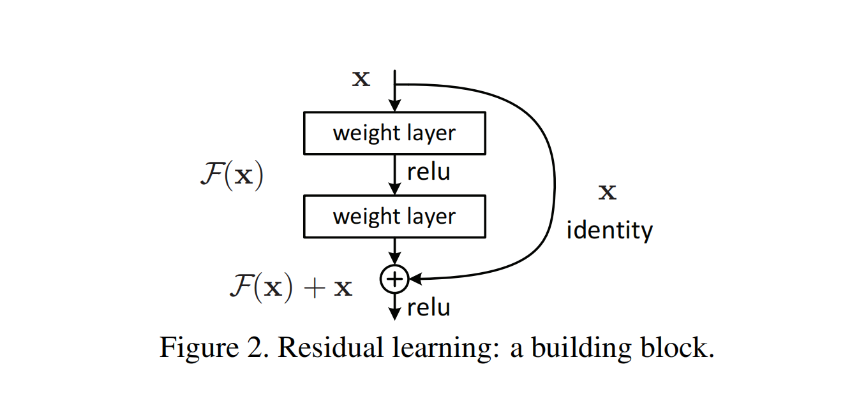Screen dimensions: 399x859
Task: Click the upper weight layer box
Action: click(394, 133)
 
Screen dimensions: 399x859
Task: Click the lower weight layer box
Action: click(394, 217)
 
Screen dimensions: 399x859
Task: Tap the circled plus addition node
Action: click(394, 279)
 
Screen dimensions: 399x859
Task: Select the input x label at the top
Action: click(361, 79)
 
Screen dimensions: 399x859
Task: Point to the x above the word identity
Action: click(607, 192)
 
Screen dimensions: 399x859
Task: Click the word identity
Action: click(609, 229)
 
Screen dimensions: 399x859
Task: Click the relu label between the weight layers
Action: click(428, 171)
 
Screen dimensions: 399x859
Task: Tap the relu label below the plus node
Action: click(428, 307)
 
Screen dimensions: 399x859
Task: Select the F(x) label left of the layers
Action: click(231, 175)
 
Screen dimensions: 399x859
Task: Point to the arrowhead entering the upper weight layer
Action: click(395, 106)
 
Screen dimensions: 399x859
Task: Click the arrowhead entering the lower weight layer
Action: click(395, 189)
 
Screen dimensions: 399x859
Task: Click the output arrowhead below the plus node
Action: click(395, 314)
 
